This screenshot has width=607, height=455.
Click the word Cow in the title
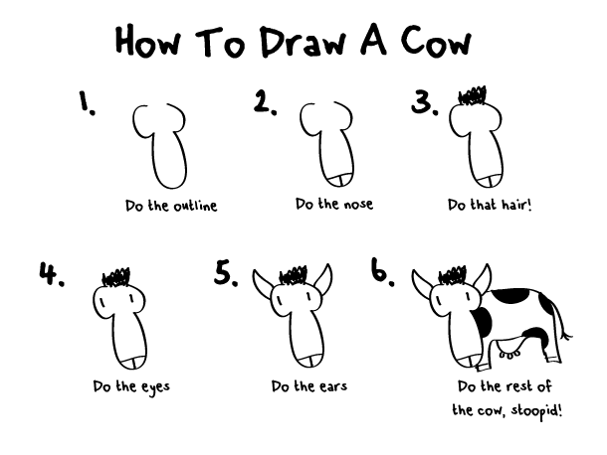429,41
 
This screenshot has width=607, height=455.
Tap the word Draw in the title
299,41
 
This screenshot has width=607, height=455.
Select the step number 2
265,102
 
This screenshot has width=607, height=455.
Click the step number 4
52,273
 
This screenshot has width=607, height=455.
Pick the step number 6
384,270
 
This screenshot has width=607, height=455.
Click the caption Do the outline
170,207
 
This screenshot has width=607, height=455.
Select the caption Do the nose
333,204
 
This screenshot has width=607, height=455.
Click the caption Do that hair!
490,205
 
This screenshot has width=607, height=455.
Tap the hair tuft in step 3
472,97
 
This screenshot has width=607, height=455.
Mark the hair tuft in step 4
118,276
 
